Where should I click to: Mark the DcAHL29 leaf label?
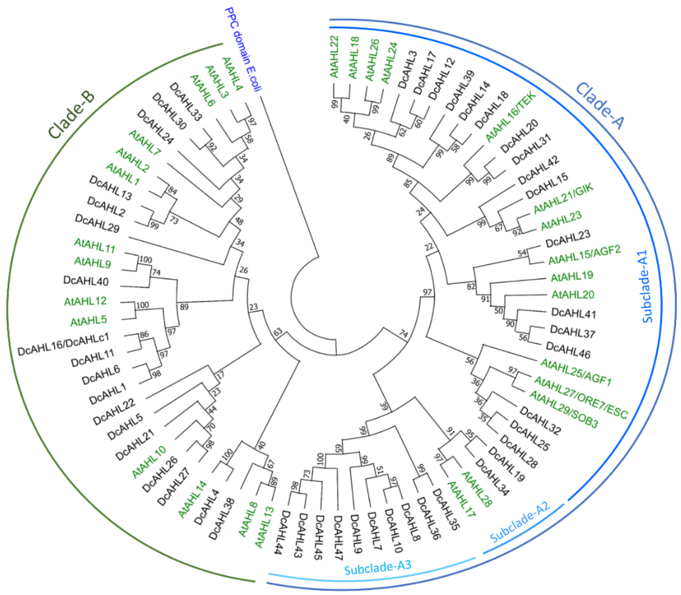[x=97, y=223]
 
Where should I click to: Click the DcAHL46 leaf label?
[x=568, y=351]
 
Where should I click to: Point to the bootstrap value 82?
[x=471, y=286]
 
